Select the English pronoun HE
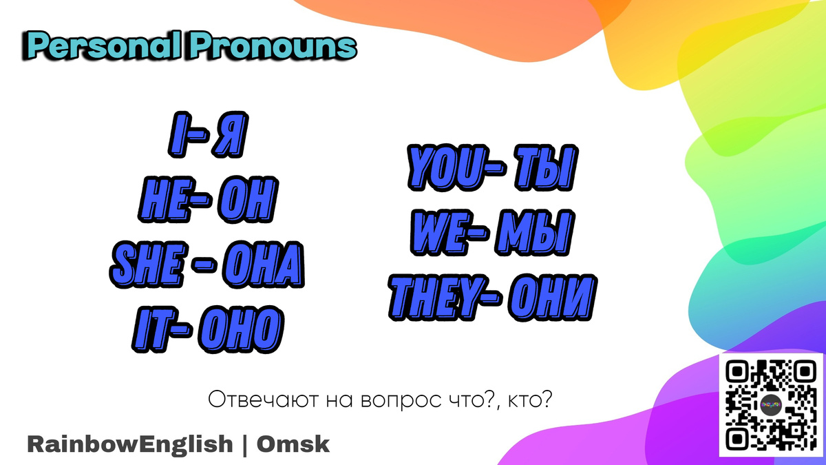tap(165, 198)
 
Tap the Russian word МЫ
tap(533, 234)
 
